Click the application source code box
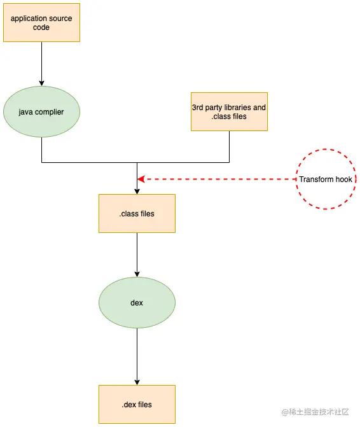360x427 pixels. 41,23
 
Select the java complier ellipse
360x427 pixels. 41,112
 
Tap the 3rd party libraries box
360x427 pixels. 229,112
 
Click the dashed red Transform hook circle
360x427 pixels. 325,179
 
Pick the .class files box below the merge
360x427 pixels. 137,213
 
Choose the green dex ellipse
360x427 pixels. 137,303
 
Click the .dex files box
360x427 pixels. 137,404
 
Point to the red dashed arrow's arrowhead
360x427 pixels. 141,179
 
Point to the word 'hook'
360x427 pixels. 343,179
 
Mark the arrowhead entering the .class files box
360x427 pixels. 137,190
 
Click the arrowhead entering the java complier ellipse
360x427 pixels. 41,82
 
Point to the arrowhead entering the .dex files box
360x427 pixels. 137,381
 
